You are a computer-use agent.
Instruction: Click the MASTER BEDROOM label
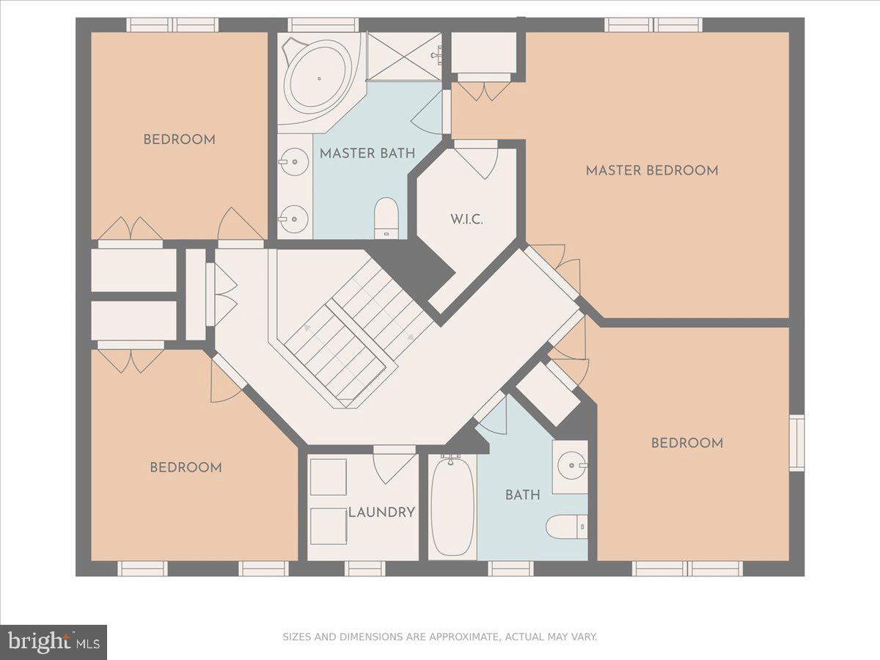[652, 171]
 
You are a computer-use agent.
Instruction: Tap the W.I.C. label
[466, 219]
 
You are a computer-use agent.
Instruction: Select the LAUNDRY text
[381, 513]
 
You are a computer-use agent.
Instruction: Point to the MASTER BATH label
[367, 153]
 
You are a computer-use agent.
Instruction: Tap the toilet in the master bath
[386, 218]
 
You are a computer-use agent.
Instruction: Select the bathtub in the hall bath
[452, 507]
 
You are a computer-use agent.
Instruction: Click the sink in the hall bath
[571, 466]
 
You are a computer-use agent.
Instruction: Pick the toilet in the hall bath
[566, 527]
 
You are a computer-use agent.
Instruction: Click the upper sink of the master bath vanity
[294, 162]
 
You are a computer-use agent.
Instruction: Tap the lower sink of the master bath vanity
[294, 219]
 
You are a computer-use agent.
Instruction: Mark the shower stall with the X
[404, 56]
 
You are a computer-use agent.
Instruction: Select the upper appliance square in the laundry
[329, 477]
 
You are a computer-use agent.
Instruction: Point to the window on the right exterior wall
[797, 443]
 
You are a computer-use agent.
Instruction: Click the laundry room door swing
[395, 465]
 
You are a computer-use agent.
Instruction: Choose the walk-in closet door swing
[477, 159]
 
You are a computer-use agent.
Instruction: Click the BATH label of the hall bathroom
[523, 495]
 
